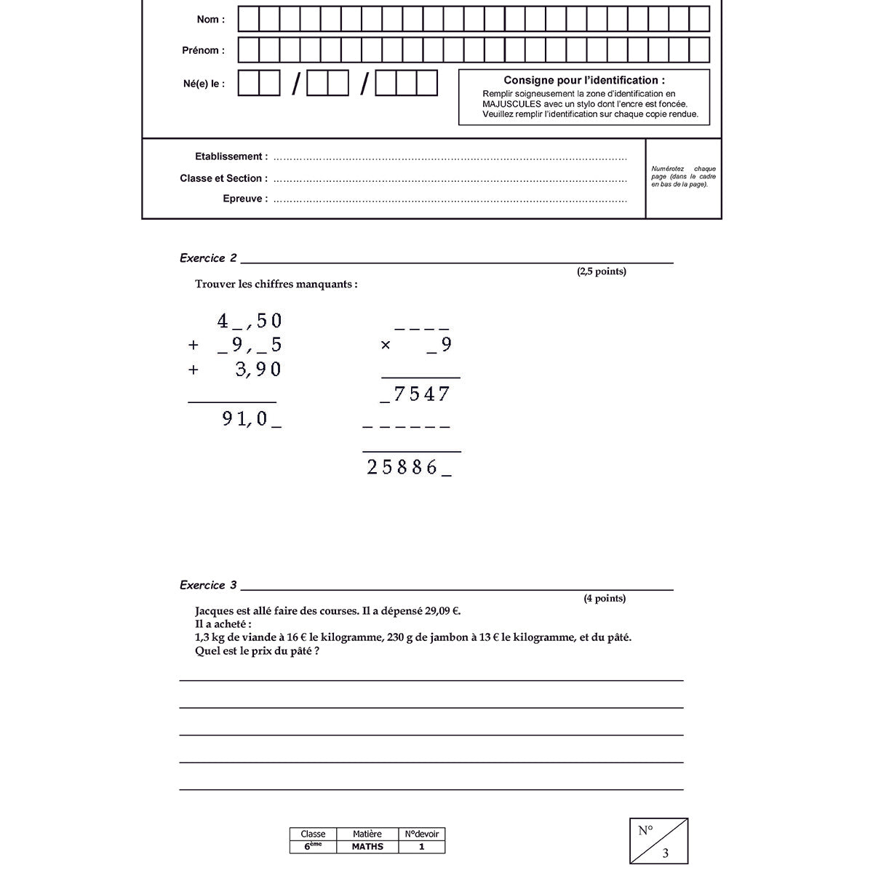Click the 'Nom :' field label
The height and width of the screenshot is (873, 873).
click(x=210, y=20)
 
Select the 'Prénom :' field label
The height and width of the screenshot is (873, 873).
click(x=203, y=51)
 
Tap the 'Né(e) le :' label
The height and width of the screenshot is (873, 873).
click(x=204, y=84)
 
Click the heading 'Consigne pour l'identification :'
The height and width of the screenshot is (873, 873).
click(x=583, y=81)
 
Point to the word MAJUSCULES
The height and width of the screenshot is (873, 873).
click(x=511, y=104)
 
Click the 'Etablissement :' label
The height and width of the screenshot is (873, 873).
click(x=231, y=156)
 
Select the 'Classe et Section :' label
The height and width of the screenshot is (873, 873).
click(x=223, y=178)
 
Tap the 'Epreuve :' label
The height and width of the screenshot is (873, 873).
click(x=244, y=199)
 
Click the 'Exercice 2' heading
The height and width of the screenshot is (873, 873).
click(x=208, y=258)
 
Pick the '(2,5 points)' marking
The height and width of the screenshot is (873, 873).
click(x=601, y=271)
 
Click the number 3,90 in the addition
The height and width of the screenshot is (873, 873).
click(x=258, y=370)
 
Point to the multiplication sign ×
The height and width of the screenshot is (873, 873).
click(x=386, y=346)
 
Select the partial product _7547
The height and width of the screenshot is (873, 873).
click(x=415, y=394)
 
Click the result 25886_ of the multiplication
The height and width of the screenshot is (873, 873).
click(x=409, y=467)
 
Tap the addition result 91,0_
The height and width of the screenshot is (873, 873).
click(x=252, y=419)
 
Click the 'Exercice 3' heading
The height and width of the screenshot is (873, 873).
click(x=208, y=585)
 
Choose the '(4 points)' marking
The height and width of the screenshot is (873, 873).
click(x=604, y=599)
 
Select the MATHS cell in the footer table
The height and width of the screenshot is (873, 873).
click(x=367, y=847)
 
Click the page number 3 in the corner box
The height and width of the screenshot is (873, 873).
click(x=665, y=853)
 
